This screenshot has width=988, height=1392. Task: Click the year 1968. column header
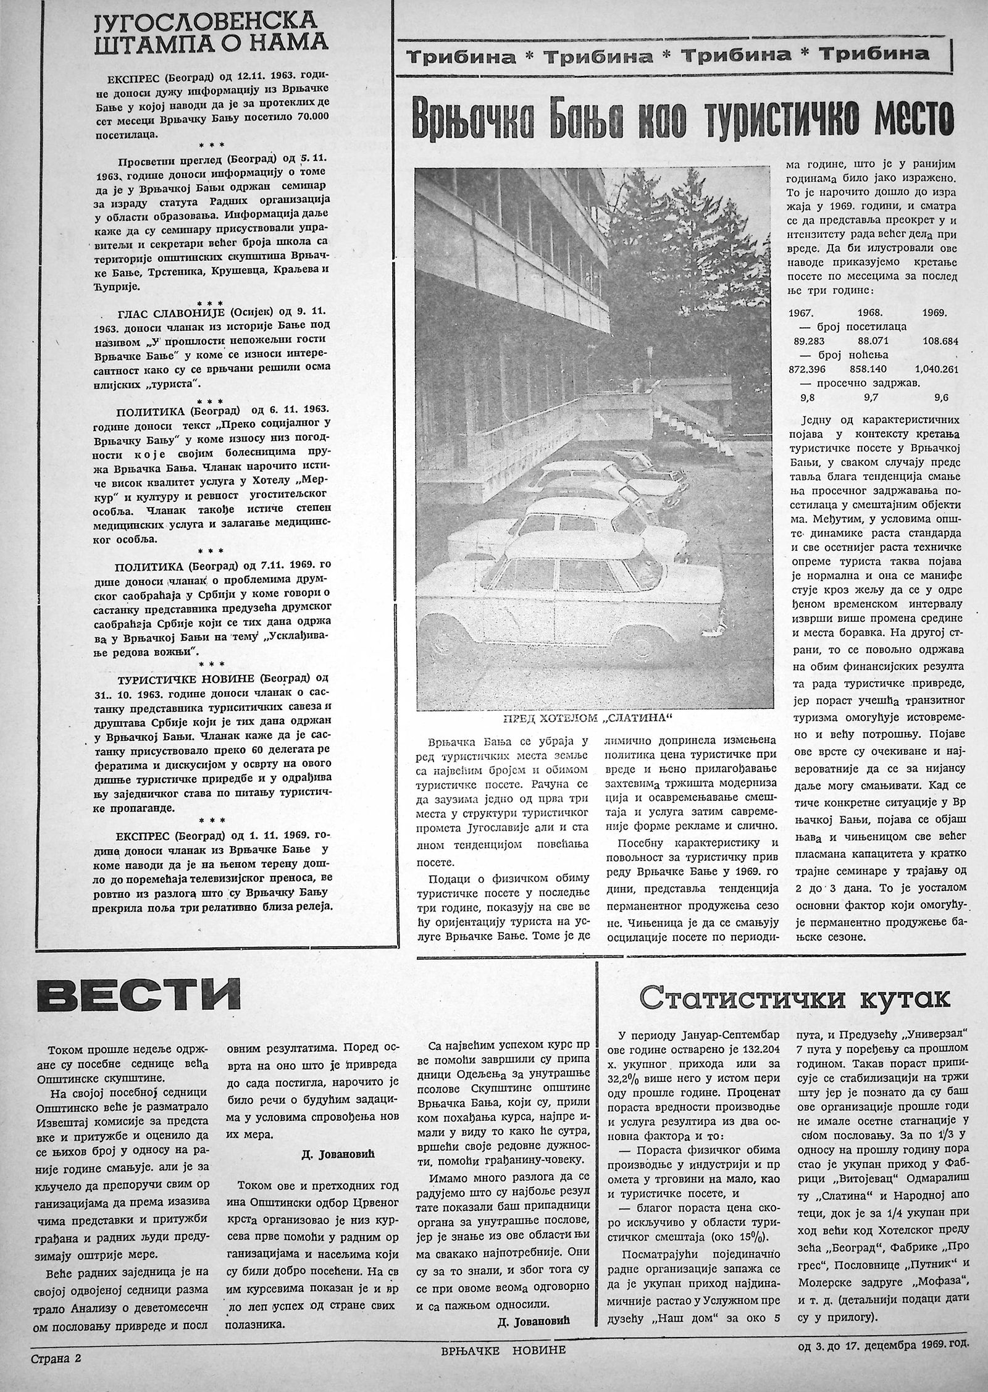(871, 313)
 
